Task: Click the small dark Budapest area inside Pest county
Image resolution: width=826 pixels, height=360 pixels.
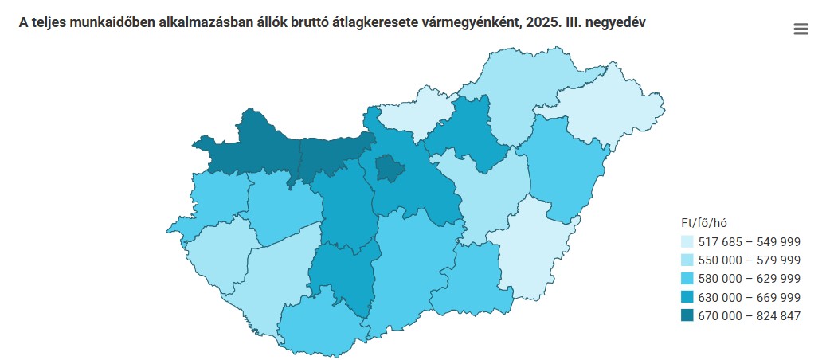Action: tap(390, 169)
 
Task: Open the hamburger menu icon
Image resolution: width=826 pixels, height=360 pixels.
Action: tap(801, 29)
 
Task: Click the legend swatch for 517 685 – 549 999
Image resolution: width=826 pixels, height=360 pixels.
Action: tap(687, 241)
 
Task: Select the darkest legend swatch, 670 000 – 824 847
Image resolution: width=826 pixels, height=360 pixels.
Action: tap(687, 315)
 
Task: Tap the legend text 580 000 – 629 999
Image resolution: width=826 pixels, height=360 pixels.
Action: tap(749, 279)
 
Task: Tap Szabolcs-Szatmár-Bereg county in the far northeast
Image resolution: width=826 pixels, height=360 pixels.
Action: tap(609, 112)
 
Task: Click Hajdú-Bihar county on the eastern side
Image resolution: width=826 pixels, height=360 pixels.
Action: tap(562, 167)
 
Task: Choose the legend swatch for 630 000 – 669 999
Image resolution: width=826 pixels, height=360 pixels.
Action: tap(687, 297)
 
